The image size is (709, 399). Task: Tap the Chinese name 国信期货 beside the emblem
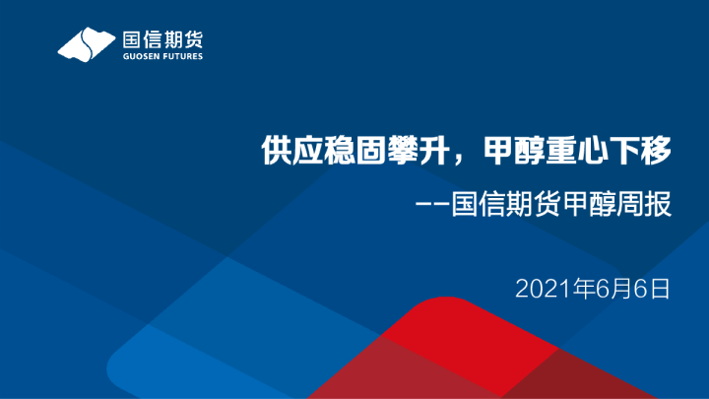coord(162,39)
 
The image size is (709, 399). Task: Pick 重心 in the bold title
coord(557,152)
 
